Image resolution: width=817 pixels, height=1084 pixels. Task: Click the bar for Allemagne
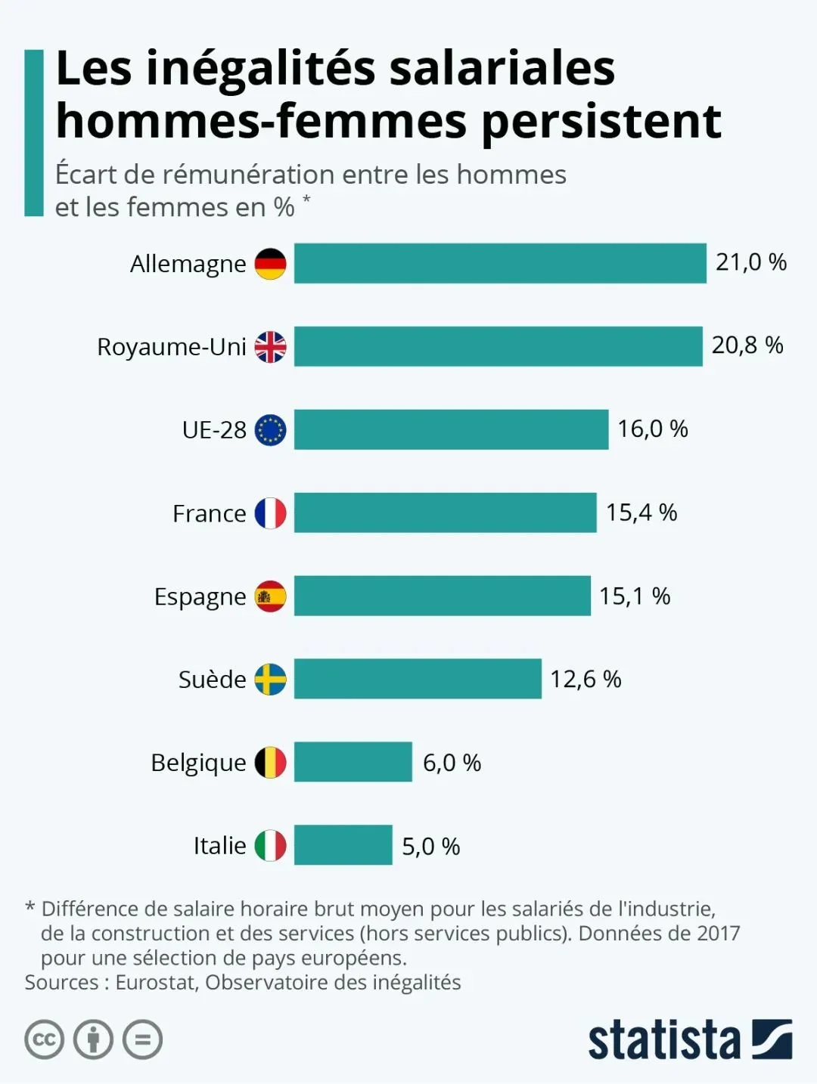(499, 263)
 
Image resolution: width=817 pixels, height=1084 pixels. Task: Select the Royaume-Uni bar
(498, 346)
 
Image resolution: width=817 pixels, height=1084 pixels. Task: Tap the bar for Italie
(343, 845)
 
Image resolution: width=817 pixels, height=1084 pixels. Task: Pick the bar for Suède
(418, 679)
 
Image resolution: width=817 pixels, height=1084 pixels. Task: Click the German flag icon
(270, 264)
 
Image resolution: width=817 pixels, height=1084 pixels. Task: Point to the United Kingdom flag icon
(270, 347)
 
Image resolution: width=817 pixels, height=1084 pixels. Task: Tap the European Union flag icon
(270, 430)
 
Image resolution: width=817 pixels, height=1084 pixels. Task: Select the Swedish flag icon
(270, 680)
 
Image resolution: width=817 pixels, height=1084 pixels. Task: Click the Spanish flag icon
(270, 596)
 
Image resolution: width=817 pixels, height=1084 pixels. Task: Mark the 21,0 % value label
(750, 262)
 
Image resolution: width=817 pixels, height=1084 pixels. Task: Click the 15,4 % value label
(641, 513)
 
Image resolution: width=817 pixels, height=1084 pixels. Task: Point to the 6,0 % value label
(452, 763)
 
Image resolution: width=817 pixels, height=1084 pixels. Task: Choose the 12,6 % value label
(585, 679)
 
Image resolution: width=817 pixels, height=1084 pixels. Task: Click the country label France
(209, 514)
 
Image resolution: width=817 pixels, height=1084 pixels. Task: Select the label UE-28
(214, 430)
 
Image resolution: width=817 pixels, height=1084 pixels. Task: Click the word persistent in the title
(601, 121)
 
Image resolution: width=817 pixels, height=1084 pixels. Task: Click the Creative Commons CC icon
(44, 1039)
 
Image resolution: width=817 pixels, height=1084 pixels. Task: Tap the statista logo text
(664, 1041)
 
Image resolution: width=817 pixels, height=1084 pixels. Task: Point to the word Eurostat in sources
(157, 983)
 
